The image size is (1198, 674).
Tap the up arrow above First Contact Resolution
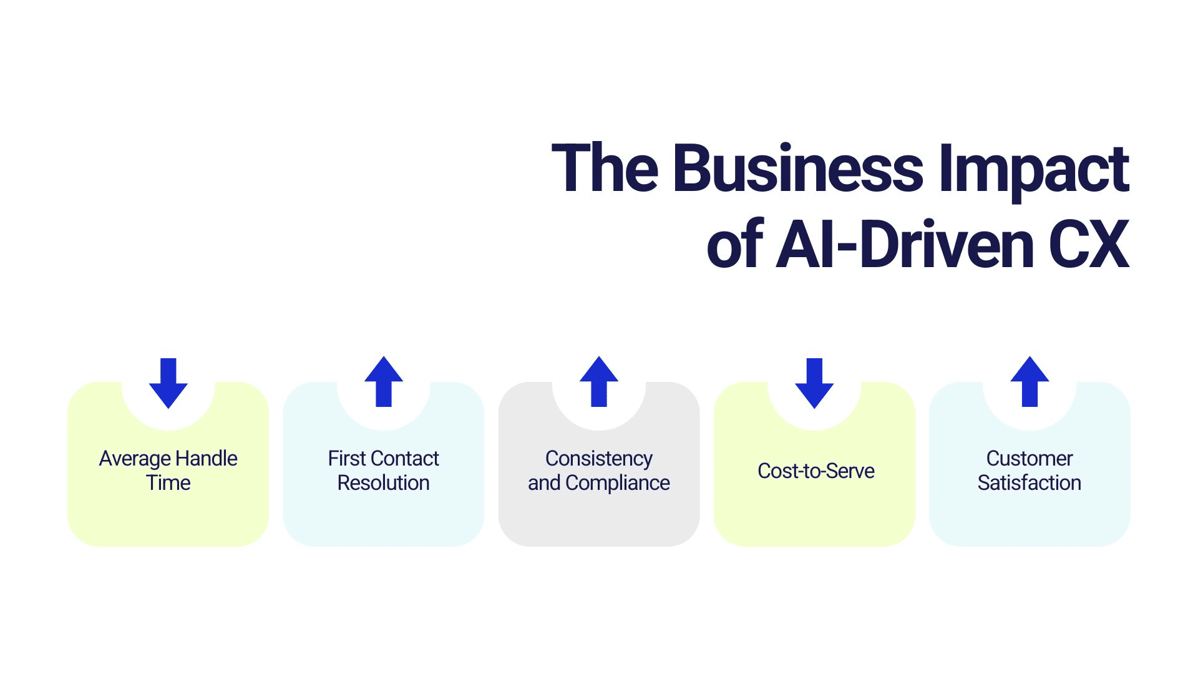[x=384, y=382]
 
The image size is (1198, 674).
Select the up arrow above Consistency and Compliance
[x=599, y=382]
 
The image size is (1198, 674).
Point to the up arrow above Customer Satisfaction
[x=1030, y=382]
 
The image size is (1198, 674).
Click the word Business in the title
[x=798, y=168]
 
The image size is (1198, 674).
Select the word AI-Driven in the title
[x=905, y=245]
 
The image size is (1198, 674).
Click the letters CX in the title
[x=1089, y=245]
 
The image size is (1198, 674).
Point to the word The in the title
[x=605, y=168]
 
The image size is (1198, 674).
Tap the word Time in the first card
[x=168, y=483]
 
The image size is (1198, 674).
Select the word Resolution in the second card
[x=384, y=483]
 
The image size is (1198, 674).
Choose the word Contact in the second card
[x=406, y=459]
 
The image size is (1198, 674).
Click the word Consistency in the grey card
[x=599, y=459]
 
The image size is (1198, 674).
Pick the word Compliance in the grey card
[x=618, y=483]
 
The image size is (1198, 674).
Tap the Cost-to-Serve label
[x=816, y=471]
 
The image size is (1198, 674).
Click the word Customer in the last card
[x=1030, y=459]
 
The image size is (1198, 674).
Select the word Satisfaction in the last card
[x=1030, y=483]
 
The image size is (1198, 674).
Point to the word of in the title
[x=734, y=245]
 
